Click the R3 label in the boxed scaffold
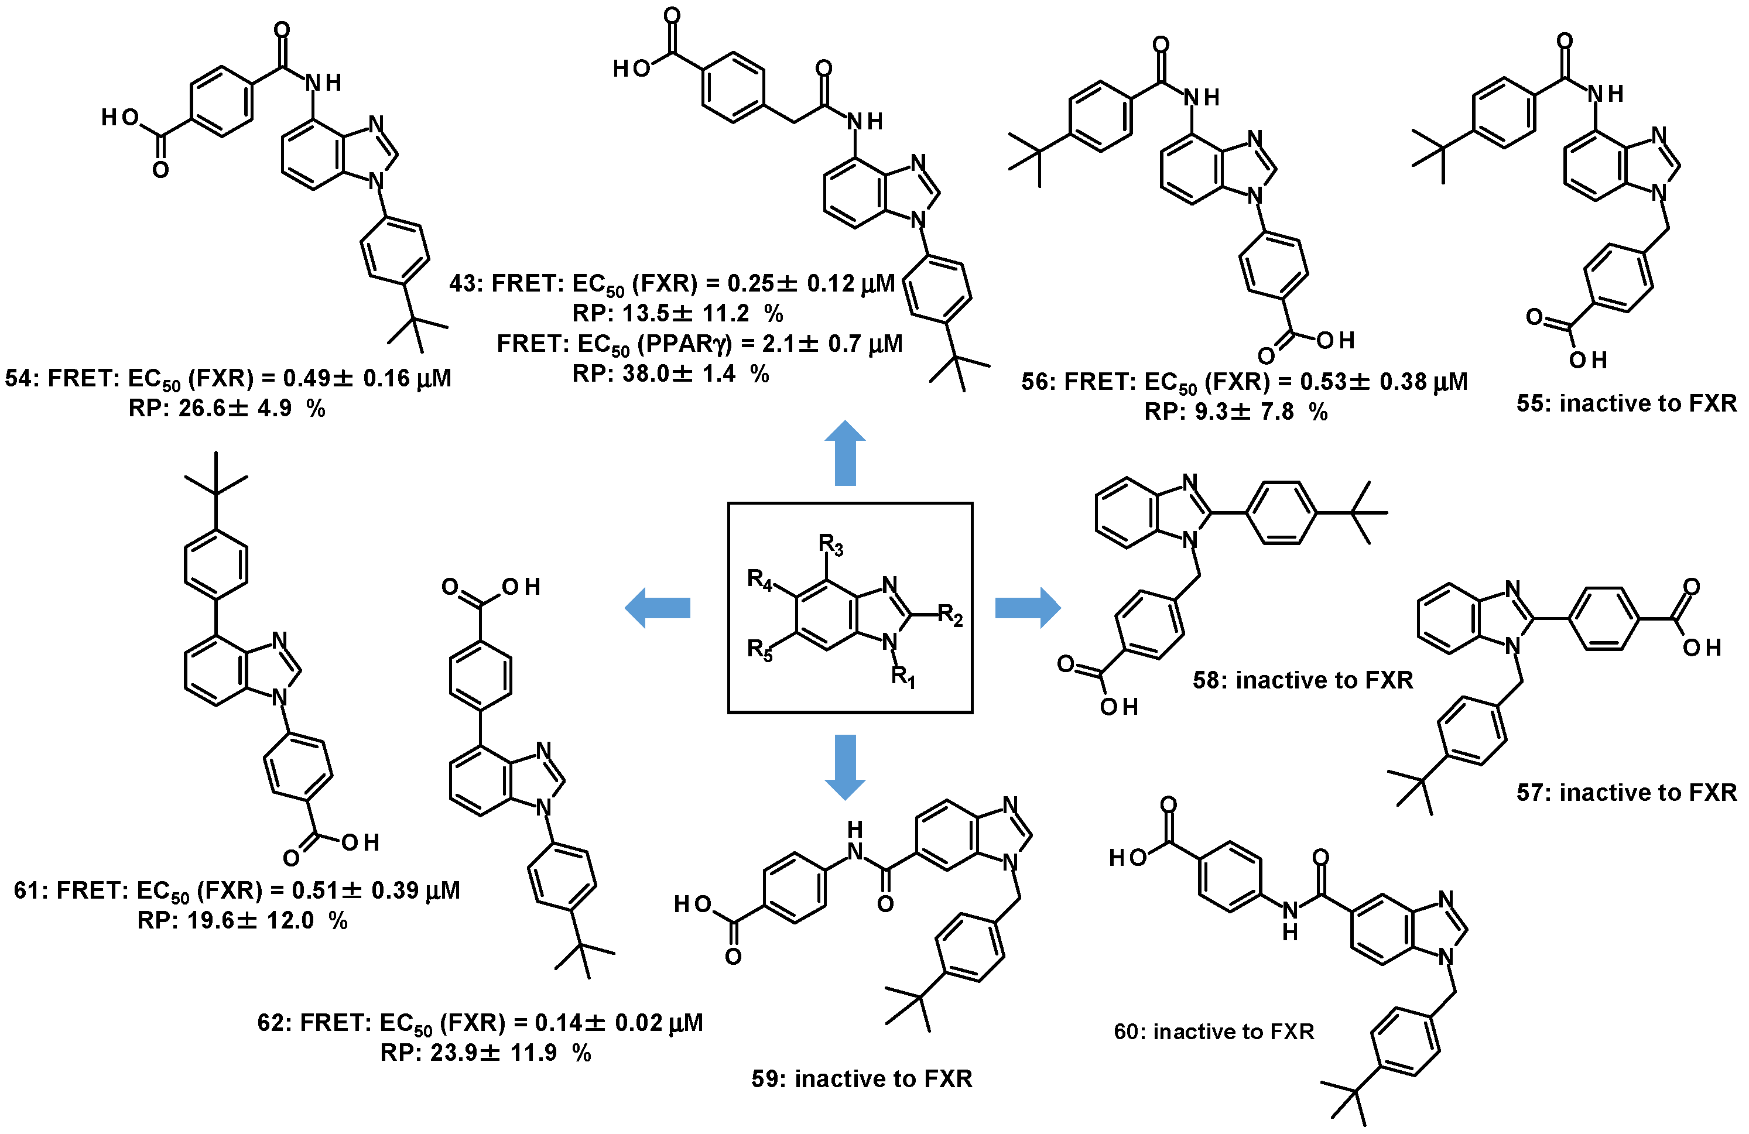point(831,545)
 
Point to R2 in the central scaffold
point(950,615)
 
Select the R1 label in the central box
point(903,676)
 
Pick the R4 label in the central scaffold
point(760,581)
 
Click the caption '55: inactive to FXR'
point(1626,403)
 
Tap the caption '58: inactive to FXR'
point(1302,680)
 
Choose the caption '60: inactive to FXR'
point(1213,1032)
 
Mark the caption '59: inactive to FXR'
point(861,1079)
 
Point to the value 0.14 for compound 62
point(556,1023)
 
